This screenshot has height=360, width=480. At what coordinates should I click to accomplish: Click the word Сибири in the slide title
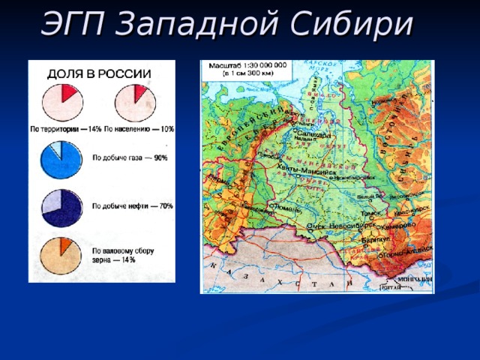357,24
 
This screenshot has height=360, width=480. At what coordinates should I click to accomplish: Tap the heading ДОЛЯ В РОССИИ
100,74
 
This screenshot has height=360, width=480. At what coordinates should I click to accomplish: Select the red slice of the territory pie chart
68,93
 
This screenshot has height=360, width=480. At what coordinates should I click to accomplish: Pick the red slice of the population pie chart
139,93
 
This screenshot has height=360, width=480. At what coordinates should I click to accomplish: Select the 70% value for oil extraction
165,205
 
